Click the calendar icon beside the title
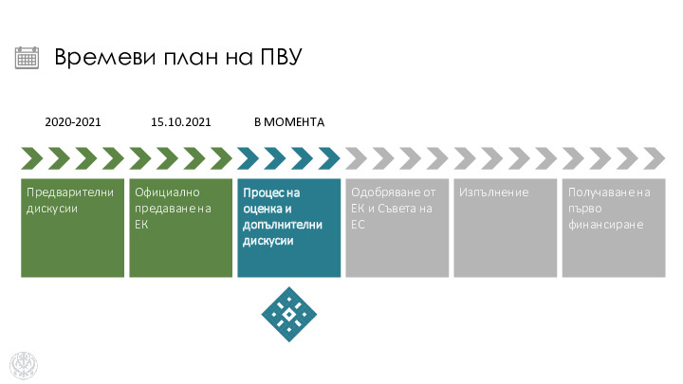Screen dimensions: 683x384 coord(27,58)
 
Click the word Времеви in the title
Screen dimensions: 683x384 coord(105,57)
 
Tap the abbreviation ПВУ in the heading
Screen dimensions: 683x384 coord(281,57)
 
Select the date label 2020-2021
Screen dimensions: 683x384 coord(73,122)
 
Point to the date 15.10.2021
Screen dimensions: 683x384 coord(181,122)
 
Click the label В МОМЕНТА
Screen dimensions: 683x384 coord(289,122)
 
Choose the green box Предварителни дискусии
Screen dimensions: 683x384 coord(73,228)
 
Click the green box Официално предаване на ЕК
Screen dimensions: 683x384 coord(181,228)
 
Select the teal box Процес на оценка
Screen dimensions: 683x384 coord(289,228)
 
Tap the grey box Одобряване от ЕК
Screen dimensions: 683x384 coord(397,228)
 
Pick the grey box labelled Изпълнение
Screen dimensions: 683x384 coord(506,228)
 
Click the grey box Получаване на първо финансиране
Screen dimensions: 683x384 coord(614,228)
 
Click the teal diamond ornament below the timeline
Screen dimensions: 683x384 coord(289,315)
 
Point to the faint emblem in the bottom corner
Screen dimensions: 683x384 coord(24,365)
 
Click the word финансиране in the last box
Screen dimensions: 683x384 coord(606,225)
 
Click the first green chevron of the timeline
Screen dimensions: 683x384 coord(32,158)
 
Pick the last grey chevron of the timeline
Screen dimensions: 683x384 coord(655,158)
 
